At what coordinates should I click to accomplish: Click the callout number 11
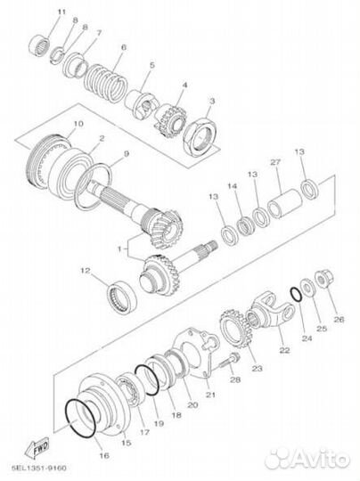coord(61,12)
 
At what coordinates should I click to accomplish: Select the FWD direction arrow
coord(37,448)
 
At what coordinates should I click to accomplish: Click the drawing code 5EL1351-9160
coord(38,469)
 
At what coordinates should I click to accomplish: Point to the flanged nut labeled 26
coord(324,278)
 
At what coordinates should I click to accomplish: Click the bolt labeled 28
coord(230,361)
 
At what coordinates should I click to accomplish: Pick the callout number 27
coord(275,162)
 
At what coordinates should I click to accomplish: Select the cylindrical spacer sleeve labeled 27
coord(284,203)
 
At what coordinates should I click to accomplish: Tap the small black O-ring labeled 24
coord(297,294)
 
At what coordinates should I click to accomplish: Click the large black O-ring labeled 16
coord(80,419)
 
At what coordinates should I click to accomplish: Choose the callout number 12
coord(86,271)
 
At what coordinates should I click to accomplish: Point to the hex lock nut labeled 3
coord(200,135)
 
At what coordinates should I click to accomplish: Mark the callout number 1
coord(119,249)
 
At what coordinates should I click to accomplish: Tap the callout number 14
coord(233,186)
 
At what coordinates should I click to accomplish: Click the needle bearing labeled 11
coord(40,46)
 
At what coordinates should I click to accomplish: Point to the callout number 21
coord(210,395)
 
